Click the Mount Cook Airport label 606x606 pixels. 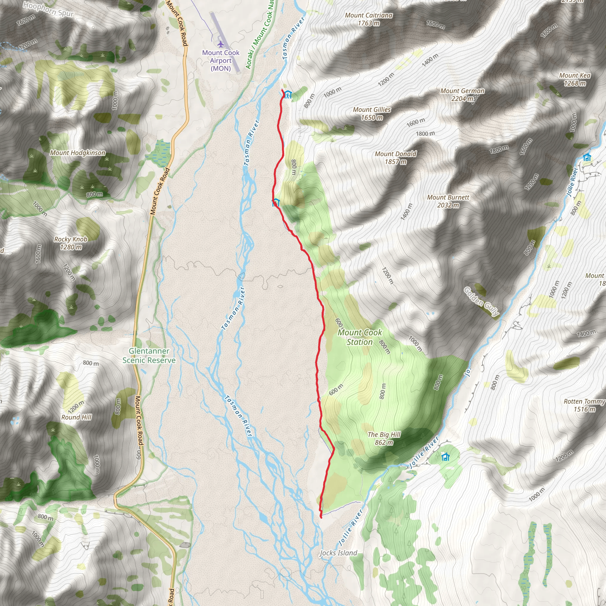221,61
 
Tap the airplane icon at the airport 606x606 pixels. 221,43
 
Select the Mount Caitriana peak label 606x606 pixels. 369,19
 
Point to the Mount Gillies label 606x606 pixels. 372,114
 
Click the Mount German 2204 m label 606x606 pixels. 462,95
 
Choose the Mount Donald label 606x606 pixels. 396,158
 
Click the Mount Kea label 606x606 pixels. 575,79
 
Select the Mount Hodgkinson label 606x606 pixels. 78,153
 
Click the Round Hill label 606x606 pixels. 77,417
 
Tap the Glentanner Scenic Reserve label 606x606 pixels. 149,355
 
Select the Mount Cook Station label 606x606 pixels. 360,337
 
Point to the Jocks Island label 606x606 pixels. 339,553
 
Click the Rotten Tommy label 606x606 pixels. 584,405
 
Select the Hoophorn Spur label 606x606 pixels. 49,9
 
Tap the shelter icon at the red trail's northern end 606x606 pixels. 288,94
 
